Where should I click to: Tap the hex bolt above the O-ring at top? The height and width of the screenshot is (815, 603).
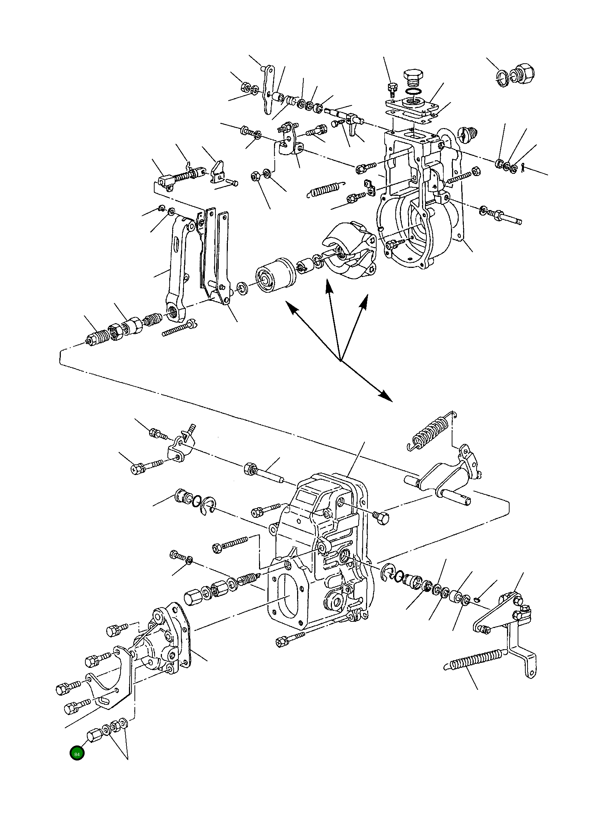(x=414, y=78)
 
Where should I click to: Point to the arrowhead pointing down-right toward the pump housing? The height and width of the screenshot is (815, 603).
(x=385, y=396)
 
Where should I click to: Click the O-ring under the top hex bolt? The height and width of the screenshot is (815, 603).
(x=413, y=91)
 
